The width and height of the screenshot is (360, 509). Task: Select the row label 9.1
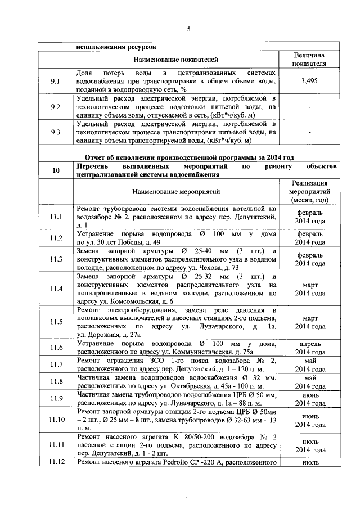[x=55, y=82]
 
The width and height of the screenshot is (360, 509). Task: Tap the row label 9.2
[x=55, y=106]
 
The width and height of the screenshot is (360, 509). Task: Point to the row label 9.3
[x=55, y=132]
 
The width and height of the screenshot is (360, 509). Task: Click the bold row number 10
[x=55, y=170]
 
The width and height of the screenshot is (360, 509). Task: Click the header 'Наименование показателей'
[x=175, y=59]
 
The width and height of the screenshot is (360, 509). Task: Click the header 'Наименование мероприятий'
[x=175, y=192]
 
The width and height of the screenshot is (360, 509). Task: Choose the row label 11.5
[x=55, y=322]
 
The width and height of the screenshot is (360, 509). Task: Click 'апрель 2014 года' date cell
[x=310, y=347]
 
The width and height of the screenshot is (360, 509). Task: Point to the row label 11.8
[x=55, y=382]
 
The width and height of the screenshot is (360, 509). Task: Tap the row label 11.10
[x=55, y=420]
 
